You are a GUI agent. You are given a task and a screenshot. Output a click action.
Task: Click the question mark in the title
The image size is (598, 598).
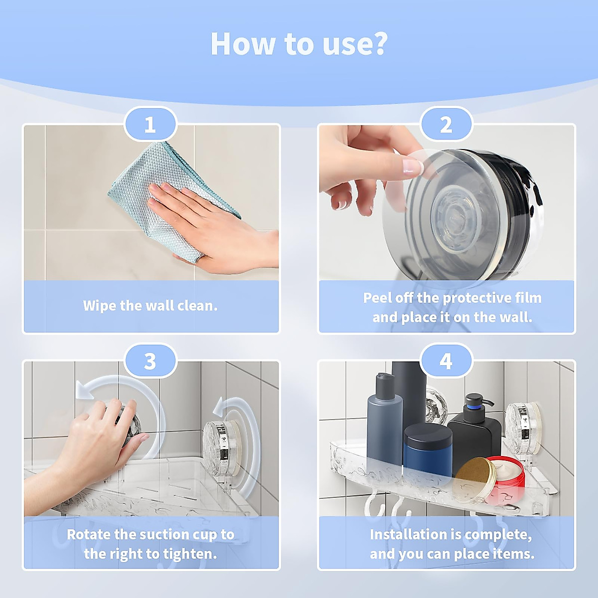(x=378, y=44)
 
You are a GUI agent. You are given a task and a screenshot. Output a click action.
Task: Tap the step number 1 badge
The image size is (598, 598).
(x=150, y=125)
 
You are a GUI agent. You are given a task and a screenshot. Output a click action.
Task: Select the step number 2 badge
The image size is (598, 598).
(x=446, y=125)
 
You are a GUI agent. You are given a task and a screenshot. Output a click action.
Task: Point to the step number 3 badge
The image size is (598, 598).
(x=150, y=361)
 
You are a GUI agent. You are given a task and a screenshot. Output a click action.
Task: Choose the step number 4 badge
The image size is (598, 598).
(x=446, y=361)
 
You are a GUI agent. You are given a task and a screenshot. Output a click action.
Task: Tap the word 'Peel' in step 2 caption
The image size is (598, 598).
(x=376, y=298)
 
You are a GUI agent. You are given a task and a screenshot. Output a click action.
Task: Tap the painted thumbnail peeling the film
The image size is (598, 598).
(x=412, y=166)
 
